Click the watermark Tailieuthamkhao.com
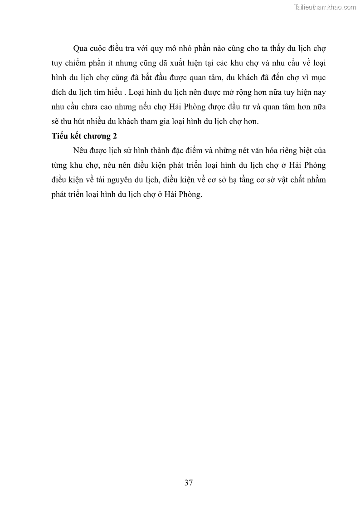pyautogui.click(x=325, y=7)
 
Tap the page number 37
pyautogui.click(x=189, y=483)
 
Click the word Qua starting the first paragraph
pyautogui.click(x=80, y=48)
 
